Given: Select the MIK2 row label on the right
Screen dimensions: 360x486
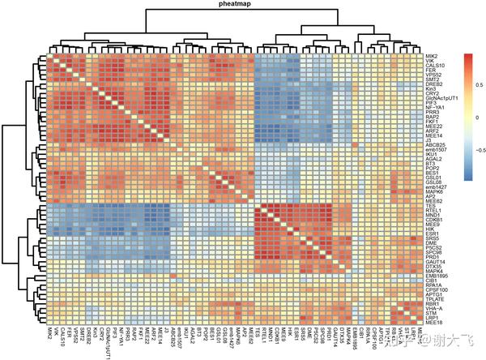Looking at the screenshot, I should coord(430,56).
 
